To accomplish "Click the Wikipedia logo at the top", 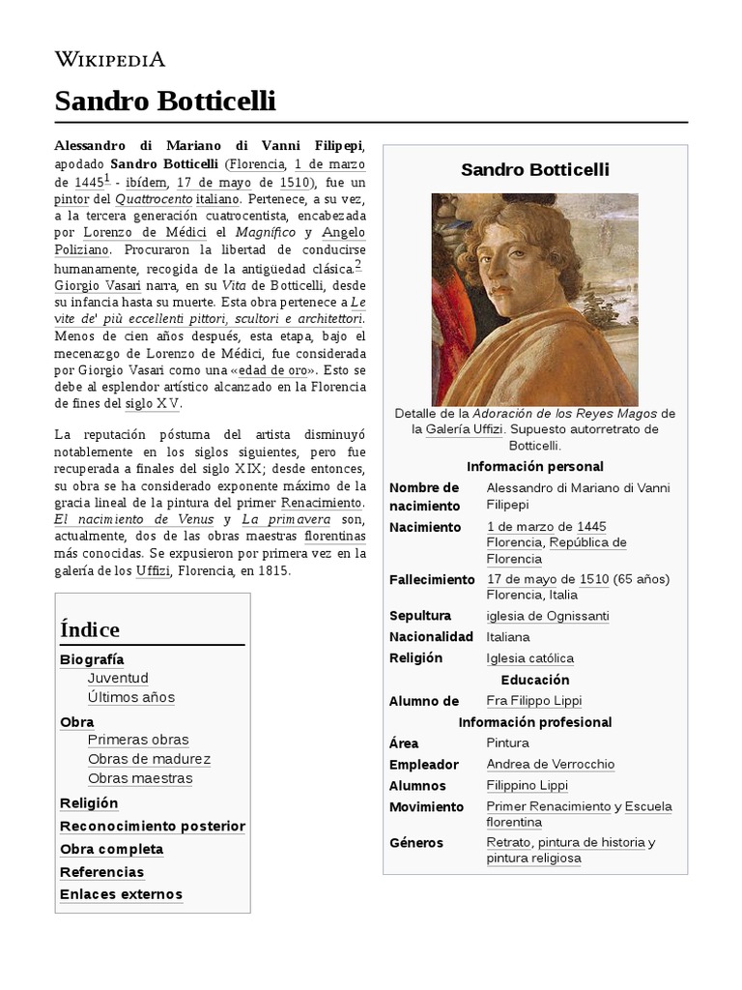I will [x=110, y=60].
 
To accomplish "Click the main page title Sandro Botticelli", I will [x=166, y=101].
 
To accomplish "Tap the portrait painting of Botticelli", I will [x=534, y=299].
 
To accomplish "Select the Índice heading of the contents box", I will [x=90, y=629].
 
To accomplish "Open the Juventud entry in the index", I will [x=118, y=678].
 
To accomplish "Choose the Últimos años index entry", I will [x=130, y=697].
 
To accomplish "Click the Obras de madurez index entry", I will [x=149, y=759].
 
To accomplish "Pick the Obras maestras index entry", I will [x=140, y=778].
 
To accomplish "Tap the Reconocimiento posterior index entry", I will [x=153, y=826].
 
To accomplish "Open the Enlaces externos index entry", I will [x=121, y=894].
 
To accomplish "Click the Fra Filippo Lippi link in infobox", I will [x=534, y=701].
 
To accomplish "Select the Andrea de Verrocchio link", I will [x=551, y=764].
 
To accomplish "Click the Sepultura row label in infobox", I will [x=420, y=616].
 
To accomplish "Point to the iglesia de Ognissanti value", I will [x=548, y=616].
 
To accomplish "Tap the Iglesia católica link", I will [x=530, y=658].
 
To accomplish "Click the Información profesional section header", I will [x=534, y=722].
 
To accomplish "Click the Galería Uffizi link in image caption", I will [x=465, y=429].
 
